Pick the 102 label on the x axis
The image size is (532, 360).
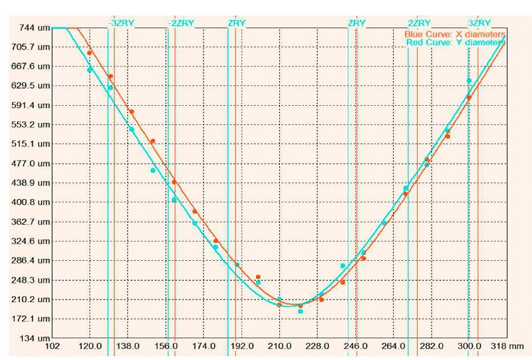click(52, 347)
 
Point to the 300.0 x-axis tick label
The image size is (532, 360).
click(469, 347)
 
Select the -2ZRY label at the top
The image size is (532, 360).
click(180, 23)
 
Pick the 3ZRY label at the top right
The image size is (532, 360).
click(479, 23)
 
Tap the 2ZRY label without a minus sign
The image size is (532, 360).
click(419, 23)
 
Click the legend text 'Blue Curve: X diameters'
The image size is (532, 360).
click(454, 33)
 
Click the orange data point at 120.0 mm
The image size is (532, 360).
click(89, 53)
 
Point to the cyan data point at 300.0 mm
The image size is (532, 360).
click(469, 81)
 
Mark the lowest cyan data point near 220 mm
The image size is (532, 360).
click(300, 311)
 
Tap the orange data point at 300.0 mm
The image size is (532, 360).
click(469, 98)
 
